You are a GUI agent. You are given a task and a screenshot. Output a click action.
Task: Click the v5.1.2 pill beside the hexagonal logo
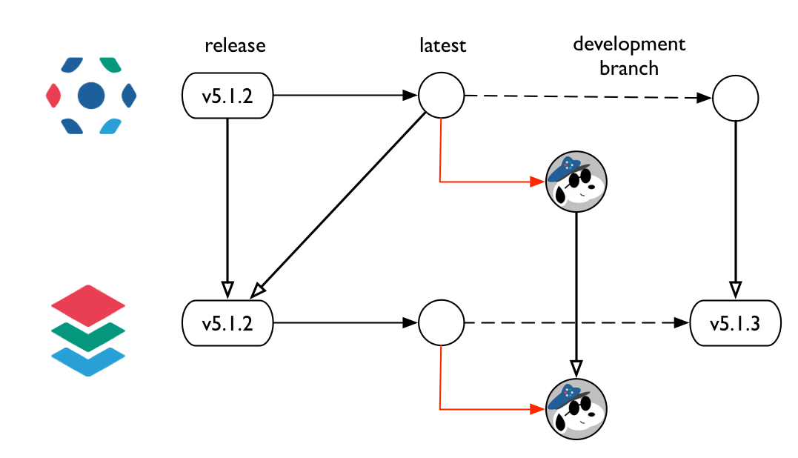(227, 96)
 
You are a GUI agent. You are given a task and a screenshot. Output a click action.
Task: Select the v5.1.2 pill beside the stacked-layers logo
(227, 323)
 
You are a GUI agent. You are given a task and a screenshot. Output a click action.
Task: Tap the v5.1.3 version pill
(735, 323)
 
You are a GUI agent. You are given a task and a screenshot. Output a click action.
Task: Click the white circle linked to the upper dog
(441, 96)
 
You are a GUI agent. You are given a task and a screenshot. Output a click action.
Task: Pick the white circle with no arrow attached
(735, 99)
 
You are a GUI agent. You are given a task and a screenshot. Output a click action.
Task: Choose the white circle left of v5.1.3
(441, 323)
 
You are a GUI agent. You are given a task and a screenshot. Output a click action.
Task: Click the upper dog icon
(576, 182)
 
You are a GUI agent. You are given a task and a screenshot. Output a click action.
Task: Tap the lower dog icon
(576, 409)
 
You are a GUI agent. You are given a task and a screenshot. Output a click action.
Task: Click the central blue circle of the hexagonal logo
(91, 95)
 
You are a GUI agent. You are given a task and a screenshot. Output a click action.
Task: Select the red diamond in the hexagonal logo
(53, 95)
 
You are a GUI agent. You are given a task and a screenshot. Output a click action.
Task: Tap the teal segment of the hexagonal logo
(110, 65)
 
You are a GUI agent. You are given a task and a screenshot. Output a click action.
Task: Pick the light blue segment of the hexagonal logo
(110, 125)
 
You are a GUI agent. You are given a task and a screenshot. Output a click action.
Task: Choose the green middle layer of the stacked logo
(87, 336)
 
